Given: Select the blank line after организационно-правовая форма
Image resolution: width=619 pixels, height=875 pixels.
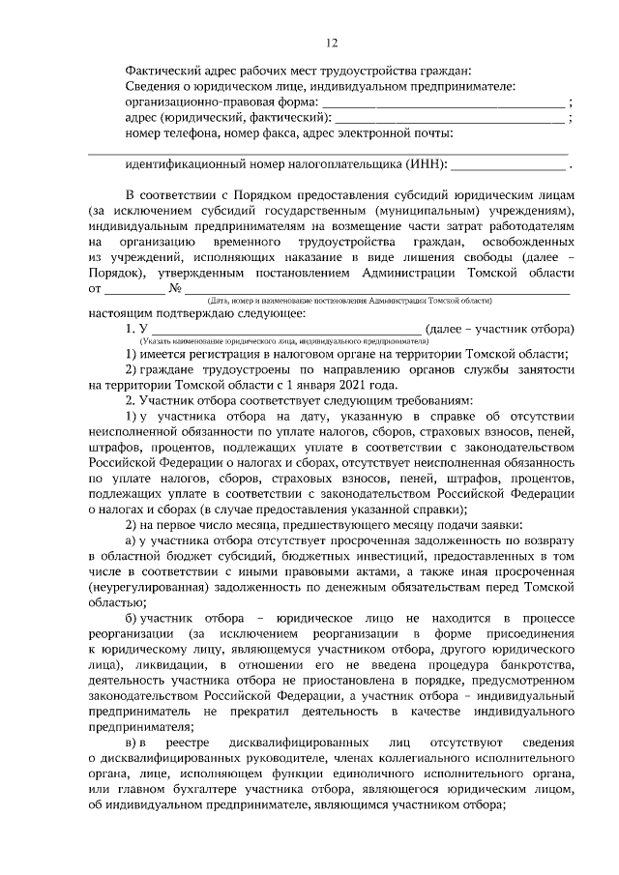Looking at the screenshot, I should pyautogui.click(x=443, y=102).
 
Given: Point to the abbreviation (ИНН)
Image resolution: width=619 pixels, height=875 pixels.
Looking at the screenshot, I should pyautogui.click(x=427, y=163).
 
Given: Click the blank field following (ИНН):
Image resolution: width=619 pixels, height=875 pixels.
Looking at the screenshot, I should pyautogui.click(x=508, y=164).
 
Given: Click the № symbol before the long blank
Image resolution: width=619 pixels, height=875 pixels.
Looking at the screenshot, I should pyautogui.click(x=176, y=289).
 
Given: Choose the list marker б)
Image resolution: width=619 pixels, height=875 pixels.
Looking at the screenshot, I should pyautogui.click(x=132, y=617).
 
